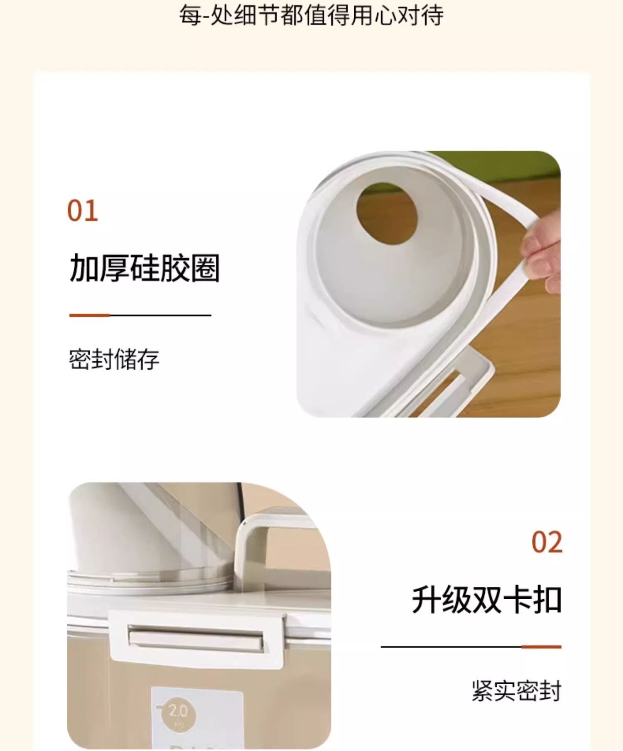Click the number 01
click(83, 211)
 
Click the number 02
click(547, 542)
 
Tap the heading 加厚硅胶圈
click(145, 268)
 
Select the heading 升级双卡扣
click(486, 600)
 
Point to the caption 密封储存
click(114, 359)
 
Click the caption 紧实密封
click(516, 691)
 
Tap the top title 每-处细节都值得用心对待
click(311, 16)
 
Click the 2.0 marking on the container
click(177, 711)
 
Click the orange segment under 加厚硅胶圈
click(89, 315)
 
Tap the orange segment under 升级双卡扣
click(541, 647)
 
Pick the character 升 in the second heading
click(426, 600)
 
